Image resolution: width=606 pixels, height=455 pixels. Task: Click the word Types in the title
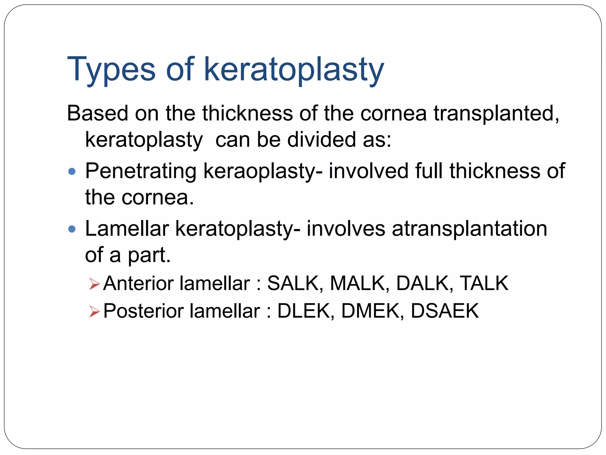111,70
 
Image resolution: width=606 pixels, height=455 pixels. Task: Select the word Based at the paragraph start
97,113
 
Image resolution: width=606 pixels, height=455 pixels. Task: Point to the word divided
321,140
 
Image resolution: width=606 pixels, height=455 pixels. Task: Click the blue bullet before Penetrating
72,172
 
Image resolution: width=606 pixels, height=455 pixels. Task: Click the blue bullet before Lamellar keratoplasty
72,229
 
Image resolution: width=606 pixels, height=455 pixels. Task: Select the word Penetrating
141,171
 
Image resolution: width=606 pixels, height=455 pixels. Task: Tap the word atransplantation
469,229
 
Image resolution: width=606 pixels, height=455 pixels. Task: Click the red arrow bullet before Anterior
94,284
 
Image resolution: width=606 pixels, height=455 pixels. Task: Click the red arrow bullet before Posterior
94,312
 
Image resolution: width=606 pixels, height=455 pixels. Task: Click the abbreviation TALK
484,283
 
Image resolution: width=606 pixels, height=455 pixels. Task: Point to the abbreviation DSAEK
444,311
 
